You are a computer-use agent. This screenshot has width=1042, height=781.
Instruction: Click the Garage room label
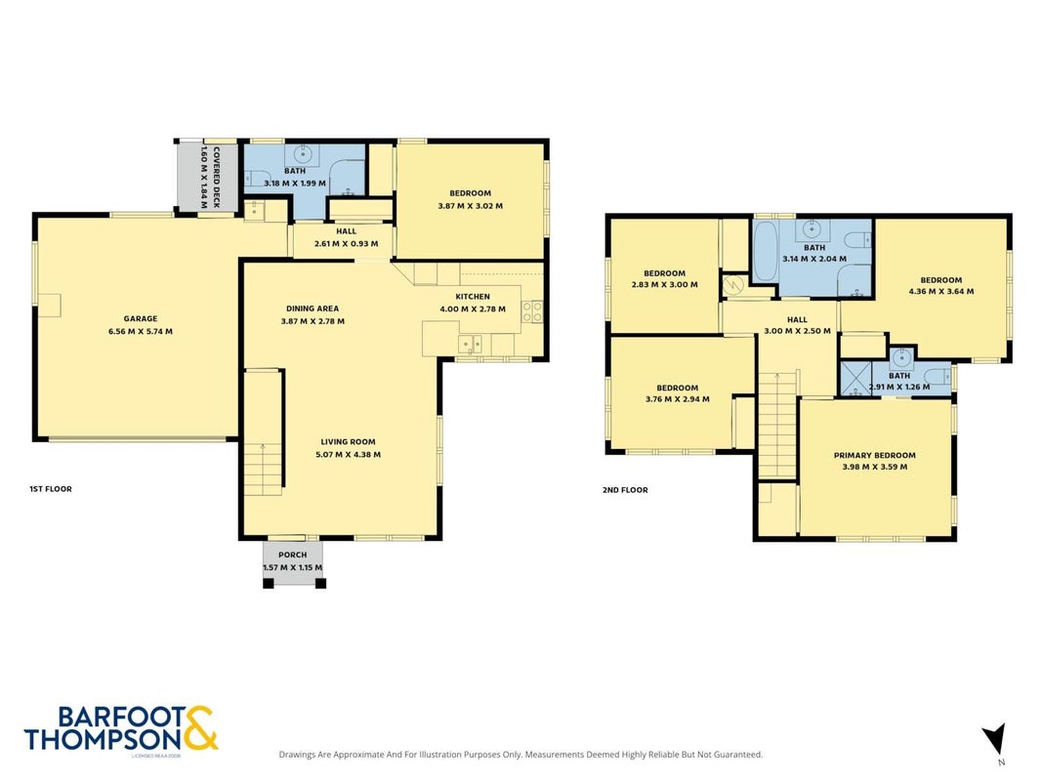(141, 319)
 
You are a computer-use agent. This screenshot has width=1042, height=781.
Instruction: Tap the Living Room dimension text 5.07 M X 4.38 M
(349, 455)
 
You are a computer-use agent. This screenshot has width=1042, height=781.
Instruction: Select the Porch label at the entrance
(292, 555)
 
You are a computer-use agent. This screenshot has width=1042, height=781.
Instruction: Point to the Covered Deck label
(215, 178)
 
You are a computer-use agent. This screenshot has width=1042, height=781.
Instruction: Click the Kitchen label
(473, 297)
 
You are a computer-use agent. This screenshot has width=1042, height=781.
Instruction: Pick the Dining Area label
(313, 308)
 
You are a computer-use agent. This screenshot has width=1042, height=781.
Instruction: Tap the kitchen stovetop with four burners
(532, 311)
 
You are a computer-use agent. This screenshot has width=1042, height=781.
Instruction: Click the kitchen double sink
(471, 344)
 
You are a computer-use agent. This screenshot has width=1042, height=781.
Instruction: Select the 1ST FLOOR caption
(51, 489)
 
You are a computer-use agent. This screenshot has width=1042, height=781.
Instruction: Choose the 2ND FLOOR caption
(625, 490)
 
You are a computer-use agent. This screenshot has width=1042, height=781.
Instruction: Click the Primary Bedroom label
(875, 456)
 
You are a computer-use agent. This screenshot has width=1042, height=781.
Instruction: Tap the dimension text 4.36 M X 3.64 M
(941, 291)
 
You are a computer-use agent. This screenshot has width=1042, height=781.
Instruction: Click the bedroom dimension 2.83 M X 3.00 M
(664, 284)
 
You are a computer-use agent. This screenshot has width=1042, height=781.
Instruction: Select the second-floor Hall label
(797, 319)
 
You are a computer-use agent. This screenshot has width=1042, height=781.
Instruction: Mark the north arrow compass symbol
(995, 738)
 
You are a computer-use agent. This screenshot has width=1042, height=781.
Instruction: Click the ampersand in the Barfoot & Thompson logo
(199, 728)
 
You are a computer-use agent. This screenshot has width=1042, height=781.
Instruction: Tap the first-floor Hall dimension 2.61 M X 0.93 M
(347, 244)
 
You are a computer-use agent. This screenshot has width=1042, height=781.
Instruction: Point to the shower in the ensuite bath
(854, 379)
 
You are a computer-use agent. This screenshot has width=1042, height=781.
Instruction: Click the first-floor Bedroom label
(470, 193)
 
